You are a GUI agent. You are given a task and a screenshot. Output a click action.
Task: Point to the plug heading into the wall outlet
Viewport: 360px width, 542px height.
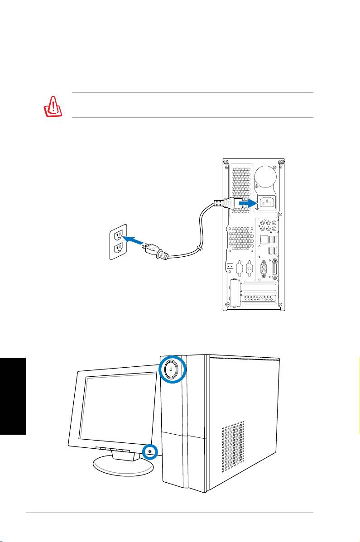point(155,251)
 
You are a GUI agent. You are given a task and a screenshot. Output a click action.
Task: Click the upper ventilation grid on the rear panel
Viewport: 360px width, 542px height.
point(240,186)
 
